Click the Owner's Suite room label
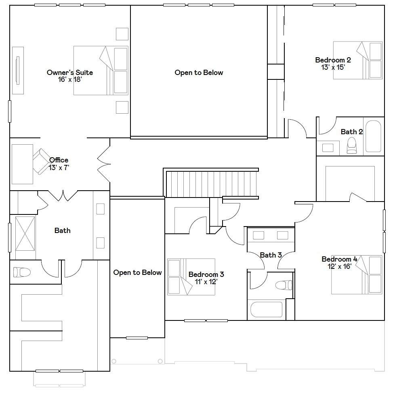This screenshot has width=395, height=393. pyautogui.click(x=70, y=73)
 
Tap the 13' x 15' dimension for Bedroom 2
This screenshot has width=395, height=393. pyautogui.click(x=333, y=67)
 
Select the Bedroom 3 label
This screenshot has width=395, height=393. pyautogui.click(x=206, y=274)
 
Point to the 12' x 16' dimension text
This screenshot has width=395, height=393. pyautogui.click(x=339, y=266)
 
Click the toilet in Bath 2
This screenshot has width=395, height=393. pyautogui.click(x=352, y=146)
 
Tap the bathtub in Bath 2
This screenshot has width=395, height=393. pyautogui.click(x=373, y=136)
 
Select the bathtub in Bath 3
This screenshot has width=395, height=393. pyautogui.click(x=267, y=310)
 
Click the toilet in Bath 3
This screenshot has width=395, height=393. pyautogui.click(x=284, y=285)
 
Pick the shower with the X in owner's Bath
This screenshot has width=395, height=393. pyautogui.click(x=25, y=234)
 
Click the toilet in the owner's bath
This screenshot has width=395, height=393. pyautogui.click(x=22, y=272)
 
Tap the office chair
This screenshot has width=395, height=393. pyautogui.click(x=42, y=161)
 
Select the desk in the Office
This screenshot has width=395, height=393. pyautogui.click(x=23, y=164)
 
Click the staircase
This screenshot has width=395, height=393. pyautogui.click(x=212, y=183)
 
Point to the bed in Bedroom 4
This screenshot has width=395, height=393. pyautogui.click(x=357, y=274)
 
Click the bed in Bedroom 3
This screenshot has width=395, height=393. pyautogui.click(x=191, y=277)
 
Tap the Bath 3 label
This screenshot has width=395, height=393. pyautogui.click(x=271, y=255)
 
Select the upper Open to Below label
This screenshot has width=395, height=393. pyautogui.click(x=199, y=73)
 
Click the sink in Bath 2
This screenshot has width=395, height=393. pyautogui.click(x=328, y=148)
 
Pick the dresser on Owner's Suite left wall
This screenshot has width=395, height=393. pyautogui.click(x=18, y=71)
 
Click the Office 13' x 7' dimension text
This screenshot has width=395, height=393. pyautogui.click(x=59, y=168)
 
